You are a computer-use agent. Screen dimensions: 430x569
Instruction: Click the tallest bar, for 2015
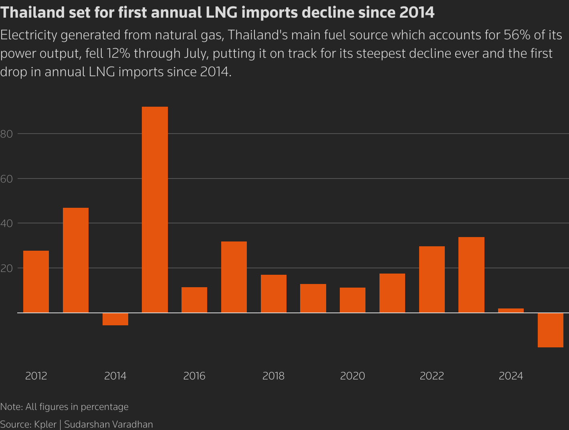(155, 209)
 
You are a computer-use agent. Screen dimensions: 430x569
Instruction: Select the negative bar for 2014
(115, 319)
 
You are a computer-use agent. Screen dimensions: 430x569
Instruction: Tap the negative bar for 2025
(550, 330)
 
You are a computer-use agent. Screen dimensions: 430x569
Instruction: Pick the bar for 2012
(36, 282)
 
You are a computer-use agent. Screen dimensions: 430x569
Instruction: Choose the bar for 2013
(76, 260)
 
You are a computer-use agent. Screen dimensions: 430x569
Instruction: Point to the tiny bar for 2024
(510, 310)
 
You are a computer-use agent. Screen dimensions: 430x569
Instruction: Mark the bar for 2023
(471, 275)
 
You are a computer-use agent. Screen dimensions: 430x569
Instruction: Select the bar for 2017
(234, 277)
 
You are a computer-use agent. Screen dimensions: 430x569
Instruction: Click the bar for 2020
(353, 300)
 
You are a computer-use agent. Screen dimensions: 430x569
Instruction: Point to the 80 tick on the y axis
(7, 134)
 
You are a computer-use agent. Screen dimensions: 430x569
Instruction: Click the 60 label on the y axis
(7, 179)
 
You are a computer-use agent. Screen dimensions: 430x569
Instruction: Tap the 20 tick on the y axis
(7, 268)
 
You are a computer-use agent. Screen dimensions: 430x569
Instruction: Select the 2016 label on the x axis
(194, 376)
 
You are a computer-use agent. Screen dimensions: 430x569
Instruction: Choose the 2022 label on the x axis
(432, 376)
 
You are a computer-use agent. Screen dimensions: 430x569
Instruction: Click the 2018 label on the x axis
(273, 376)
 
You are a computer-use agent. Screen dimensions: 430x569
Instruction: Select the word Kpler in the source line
(45, 424)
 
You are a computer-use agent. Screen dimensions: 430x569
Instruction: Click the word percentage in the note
(105, 407)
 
